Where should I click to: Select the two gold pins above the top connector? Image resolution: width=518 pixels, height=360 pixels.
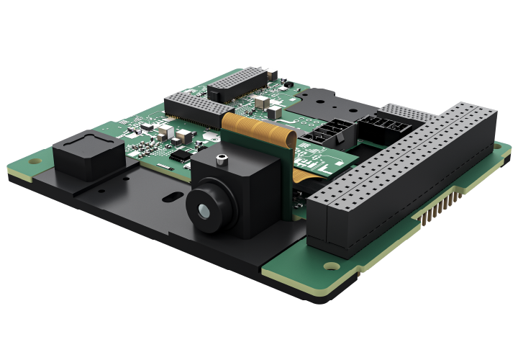pos(270,72)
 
